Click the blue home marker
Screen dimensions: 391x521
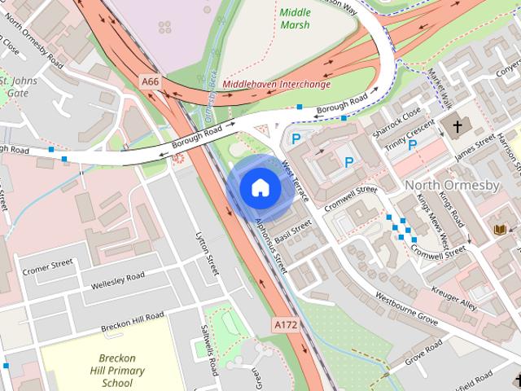pyautogui.click(x=260, y=187)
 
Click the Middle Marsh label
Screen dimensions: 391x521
pyautogui.click(x=294, y=19)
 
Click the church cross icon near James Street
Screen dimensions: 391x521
pyautogui.click(x=458, y=126)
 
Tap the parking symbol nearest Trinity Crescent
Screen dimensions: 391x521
pyautogui.click(x=413, y=145)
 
